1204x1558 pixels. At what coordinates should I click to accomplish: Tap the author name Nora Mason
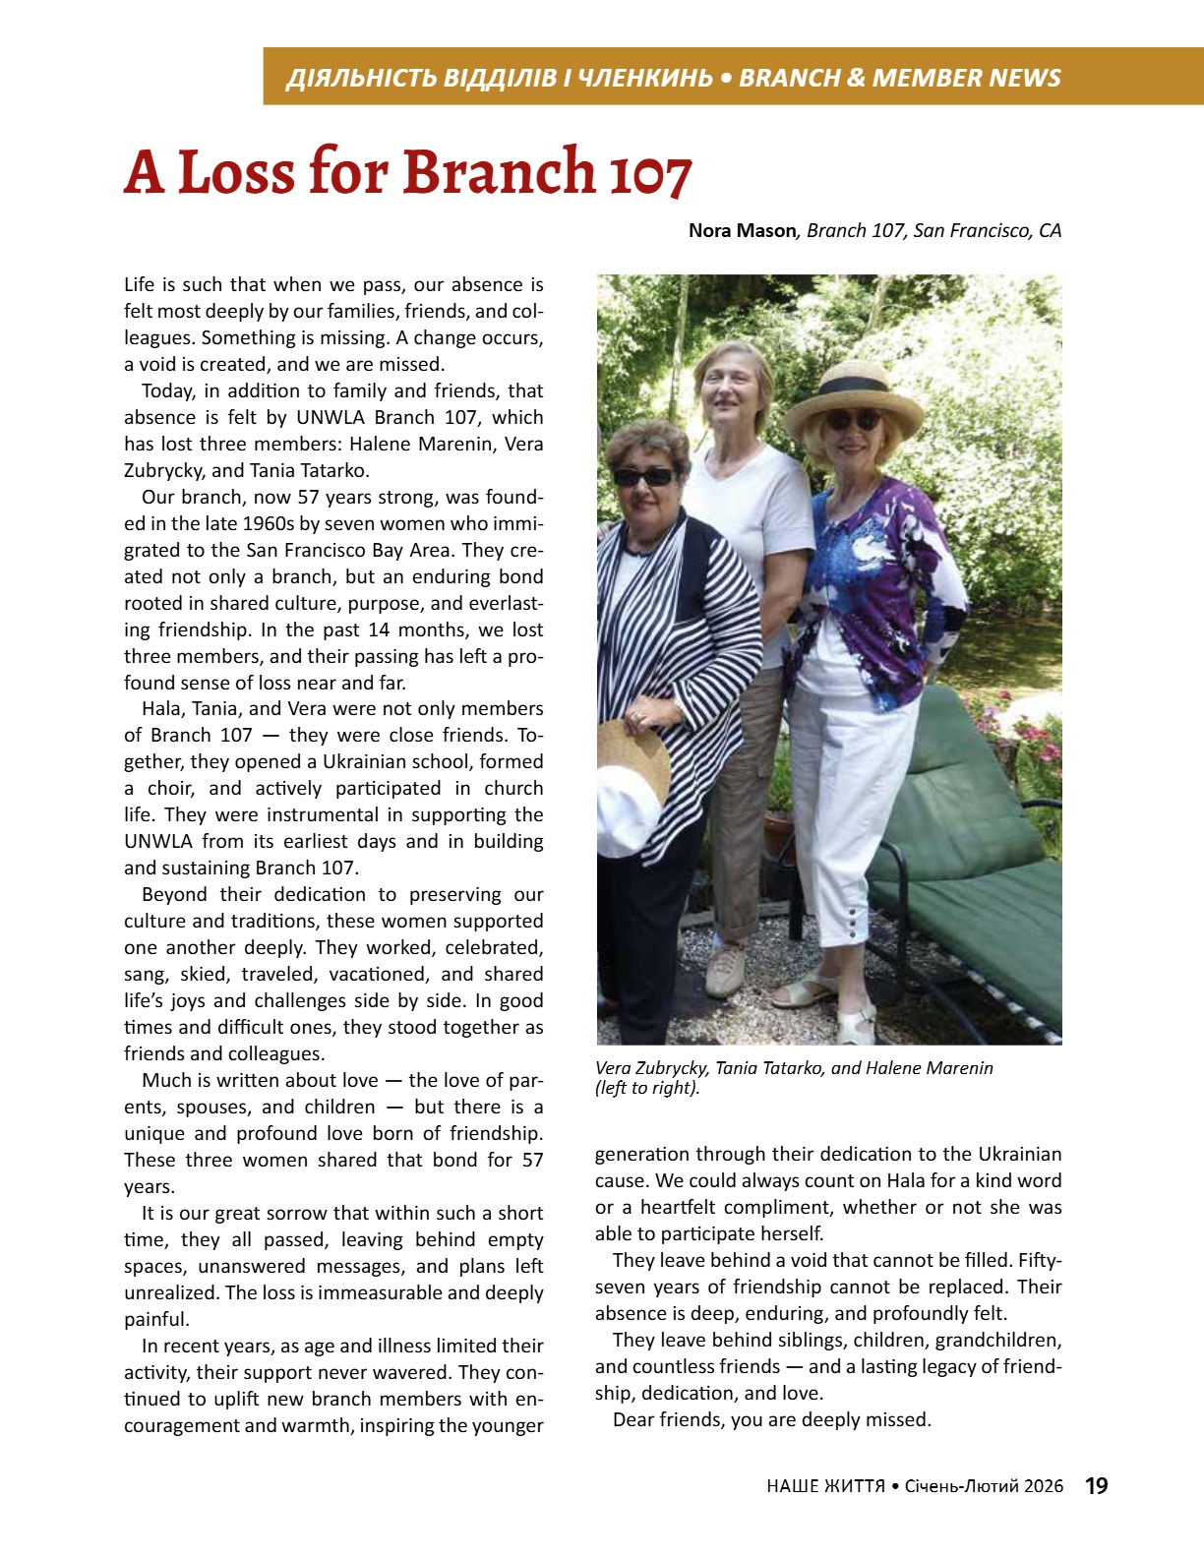(x=742, y=231)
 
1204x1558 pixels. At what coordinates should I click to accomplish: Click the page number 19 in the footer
(x=1096, y=1485)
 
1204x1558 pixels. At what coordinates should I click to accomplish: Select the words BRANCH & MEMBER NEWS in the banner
(x=899, y=78)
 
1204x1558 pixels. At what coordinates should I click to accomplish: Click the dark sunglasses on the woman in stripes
(x=644, y=477)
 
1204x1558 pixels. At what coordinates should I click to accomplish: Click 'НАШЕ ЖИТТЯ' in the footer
(x=825, y=1486)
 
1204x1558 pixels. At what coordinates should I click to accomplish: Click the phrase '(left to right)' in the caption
(x=647, y=1088)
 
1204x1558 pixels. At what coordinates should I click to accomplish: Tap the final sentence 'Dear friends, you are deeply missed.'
(x=771, y=1419)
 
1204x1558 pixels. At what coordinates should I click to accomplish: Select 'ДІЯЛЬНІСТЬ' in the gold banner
(x=361, y=78)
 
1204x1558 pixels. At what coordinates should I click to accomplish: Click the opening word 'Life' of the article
(x=140, y=285)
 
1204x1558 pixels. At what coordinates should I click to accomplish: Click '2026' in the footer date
(x=1043, y=1486)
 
